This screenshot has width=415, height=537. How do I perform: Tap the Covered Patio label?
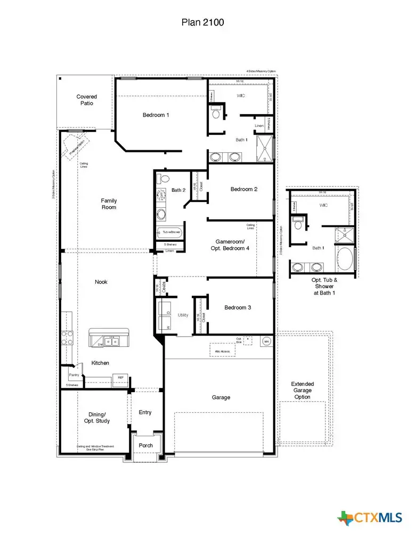coord(86,100)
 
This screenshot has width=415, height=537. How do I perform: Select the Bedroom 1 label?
coord(156,115)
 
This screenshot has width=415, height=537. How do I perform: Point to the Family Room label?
coord(109,204)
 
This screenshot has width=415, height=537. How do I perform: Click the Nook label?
coord(101,282)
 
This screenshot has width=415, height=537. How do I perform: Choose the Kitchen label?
coord(100,363)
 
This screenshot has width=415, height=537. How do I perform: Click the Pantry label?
coord(74,375)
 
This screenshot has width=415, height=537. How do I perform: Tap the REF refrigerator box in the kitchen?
coord(120,378)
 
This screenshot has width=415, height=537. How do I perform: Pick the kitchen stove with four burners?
coord(68,338)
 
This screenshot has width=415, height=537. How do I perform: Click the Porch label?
coord(145,445)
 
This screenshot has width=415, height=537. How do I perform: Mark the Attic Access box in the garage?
coord(222,349)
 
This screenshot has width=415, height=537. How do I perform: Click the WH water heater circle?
coord(266,341)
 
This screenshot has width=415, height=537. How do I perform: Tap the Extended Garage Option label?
coord(302,390)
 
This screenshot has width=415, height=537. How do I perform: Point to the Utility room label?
coord(183,315)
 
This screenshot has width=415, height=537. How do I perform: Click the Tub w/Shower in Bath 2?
coord(169,233)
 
